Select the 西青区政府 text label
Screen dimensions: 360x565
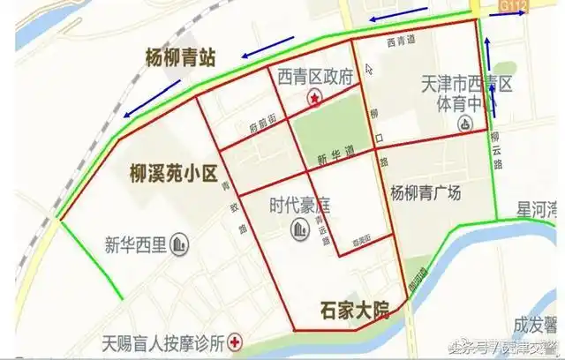(x=315, y=78)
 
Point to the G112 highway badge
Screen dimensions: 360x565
(x=513, y=8)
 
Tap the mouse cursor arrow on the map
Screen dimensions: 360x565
(x=370, y=68)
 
